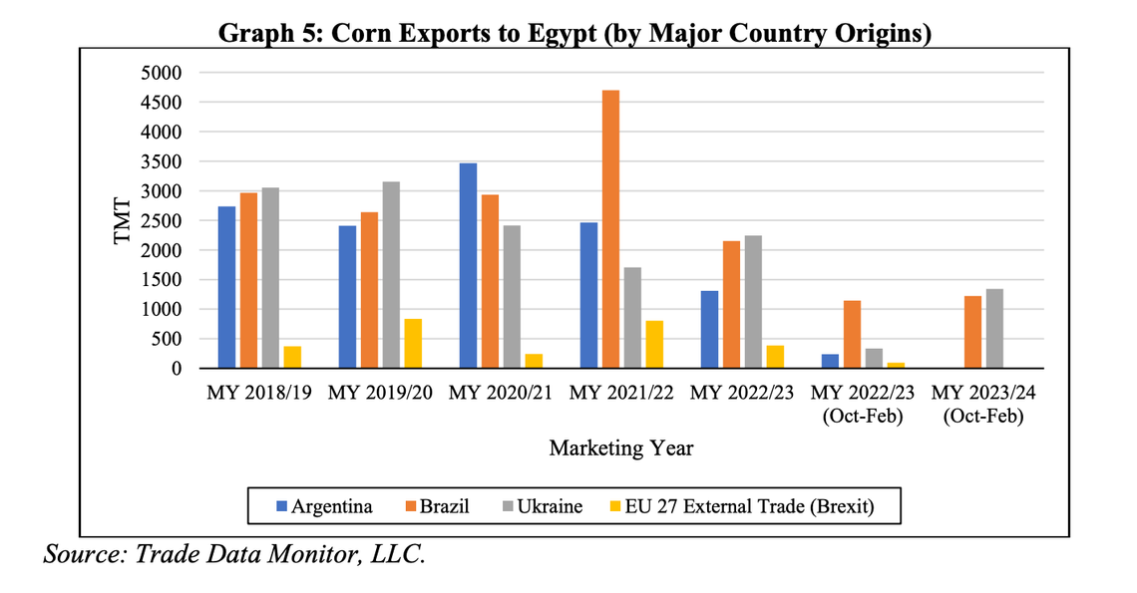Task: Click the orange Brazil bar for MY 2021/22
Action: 610,229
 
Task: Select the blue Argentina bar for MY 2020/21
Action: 468,266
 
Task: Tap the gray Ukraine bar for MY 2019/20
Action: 391,275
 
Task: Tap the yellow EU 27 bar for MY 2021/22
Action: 654,345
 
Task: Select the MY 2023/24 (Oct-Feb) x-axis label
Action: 984,403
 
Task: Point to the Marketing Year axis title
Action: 621,447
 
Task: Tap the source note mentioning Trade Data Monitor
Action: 235,553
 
